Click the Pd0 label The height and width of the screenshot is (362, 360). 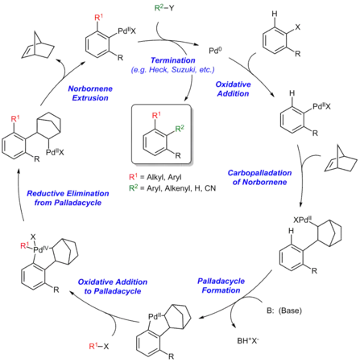215,51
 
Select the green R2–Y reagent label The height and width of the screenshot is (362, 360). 164,8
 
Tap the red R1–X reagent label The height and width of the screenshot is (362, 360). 99,346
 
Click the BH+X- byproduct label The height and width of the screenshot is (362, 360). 248,340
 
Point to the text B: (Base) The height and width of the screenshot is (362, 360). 284,311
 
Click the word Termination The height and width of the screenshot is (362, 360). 173,60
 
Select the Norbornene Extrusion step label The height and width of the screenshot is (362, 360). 90,93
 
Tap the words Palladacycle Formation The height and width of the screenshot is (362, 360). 221,286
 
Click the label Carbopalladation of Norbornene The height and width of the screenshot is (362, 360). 259,177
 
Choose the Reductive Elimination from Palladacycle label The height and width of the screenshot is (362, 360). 68,198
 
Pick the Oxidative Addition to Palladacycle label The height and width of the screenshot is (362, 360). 113,286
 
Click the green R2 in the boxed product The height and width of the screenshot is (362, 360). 180,128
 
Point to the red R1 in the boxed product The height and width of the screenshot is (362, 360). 156,115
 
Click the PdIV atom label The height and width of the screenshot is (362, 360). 41,250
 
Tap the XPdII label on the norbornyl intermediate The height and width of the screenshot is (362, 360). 302,220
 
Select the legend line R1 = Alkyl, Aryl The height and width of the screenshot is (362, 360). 155,177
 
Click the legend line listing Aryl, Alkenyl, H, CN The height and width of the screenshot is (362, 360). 172,188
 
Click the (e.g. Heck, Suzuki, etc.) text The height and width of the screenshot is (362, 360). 173,70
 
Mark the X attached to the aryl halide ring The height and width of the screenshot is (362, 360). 297,27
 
